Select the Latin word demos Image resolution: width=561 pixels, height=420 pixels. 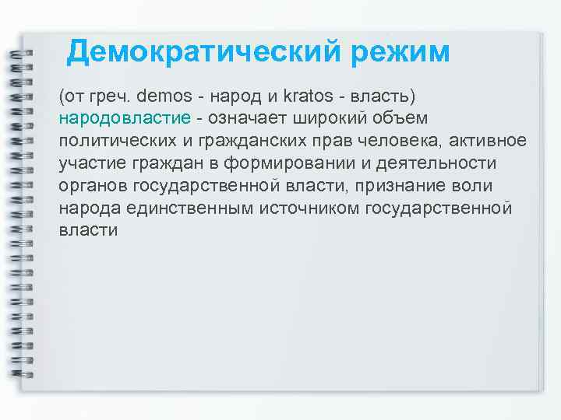(164, 96)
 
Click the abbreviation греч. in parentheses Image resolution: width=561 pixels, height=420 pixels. (111, 97)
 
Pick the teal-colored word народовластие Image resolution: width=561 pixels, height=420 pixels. (124, 119)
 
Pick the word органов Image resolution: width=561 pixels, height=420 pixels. (92, 187)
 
